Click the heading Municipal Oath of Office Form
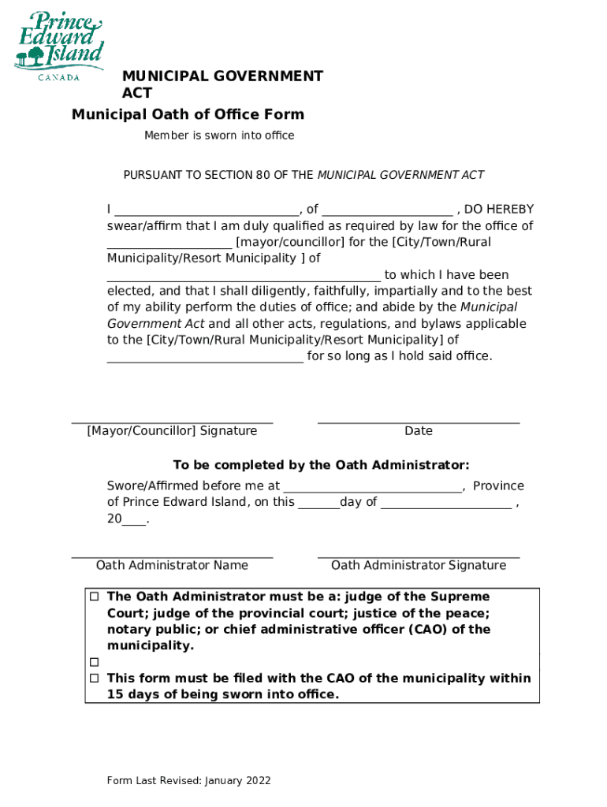188,114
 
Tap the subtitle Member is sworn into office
219,136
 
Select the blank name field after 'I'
207,210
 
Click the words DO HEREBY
498,209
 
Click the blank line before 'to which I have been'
244,276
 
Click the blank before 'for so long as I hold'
205,357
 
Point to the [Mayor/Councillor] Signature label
172,430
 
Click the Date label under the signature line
418,430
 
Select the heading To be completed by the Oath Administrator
321,465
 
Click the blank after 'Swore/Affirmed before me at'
372,487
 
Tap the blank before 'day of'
318,503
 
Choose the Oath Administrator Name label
172,565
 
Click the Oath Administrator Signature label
418,565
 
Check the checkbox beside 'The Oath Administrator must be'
95,597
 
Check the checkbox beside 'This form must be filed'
95,678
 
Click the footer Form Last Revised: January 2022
189,780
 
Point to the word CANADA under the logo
59,77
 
